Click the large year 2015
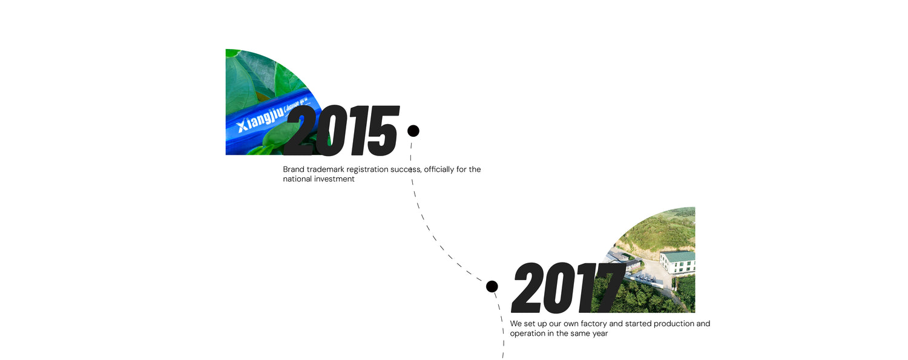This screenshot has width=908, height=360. click(341, 131)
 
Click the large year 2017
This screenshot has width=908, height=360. click(568, 287)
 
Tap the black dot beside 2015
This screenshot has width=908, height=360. click(413, 131)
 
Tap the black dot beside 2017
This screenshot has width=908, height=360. click(492, 286)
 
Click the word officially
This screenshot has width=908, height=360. click(439, 169)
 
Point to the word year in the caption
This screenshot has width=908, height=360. click(600, 333)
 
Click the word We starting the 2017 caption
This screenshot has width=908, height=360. click(515, 324)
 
